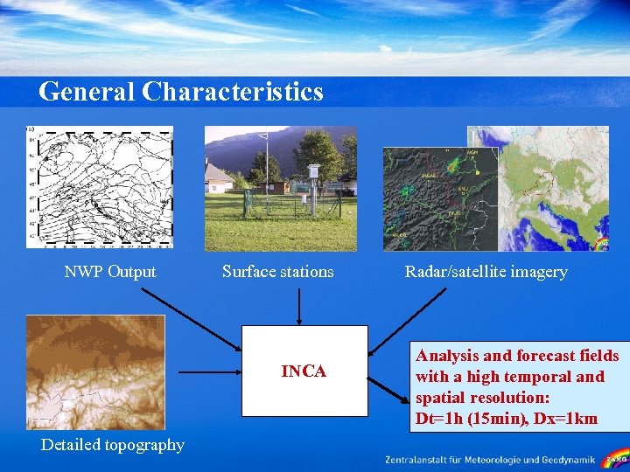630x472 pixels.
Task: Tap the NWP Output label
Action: click(x=110, y=272)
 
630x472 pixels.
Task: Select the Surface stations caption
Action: click(x=277, y=272)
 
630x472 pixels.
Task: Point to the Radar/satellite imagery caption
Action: click(x=486, y=272)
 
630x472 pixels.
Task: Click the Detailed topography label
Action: click(x=113, y=445)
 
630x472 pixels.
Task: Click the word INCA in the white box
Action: click(x=304, y=371)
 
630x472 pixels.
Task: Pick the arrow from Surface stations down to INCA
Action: click(x=299, y=306)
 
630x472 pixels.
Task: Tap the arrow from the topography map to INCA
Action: click(x=210, y=371)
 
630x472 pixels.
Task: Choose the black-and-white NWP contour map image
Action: click(x=99, y=186)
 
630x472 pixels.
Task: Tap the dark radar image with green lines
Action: click(x=437, y=199)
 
